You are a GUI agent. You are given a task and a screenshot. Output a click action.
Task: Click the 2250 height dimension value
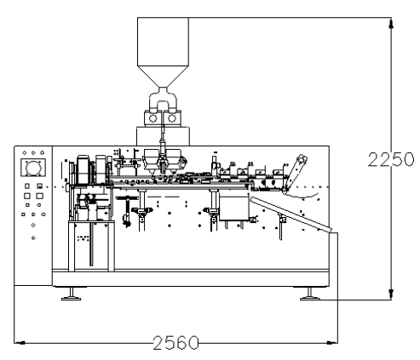tap(391, 159)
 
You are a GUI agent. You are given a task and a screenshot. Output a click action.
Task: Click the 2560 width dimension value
tap(175, 343)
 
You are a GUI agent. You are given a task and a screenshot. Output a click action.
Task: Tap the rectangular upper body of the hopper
tap(163, 42)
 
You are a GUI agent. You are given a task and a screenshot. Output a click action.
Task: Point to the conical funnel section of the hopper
tap(163, 77)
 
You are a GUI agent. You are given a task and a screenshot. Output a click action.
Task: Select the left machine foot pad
tap(71, 298)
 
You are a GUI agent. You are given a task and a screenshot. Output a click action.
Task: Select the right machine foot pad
tap(310, 298)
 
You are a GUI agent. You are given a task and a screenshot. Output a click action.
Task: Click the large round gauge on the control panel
tap(33, 168)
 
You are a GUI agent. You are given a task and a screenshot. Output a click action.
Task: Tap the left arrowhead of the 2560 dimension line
tap(20, 343)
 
